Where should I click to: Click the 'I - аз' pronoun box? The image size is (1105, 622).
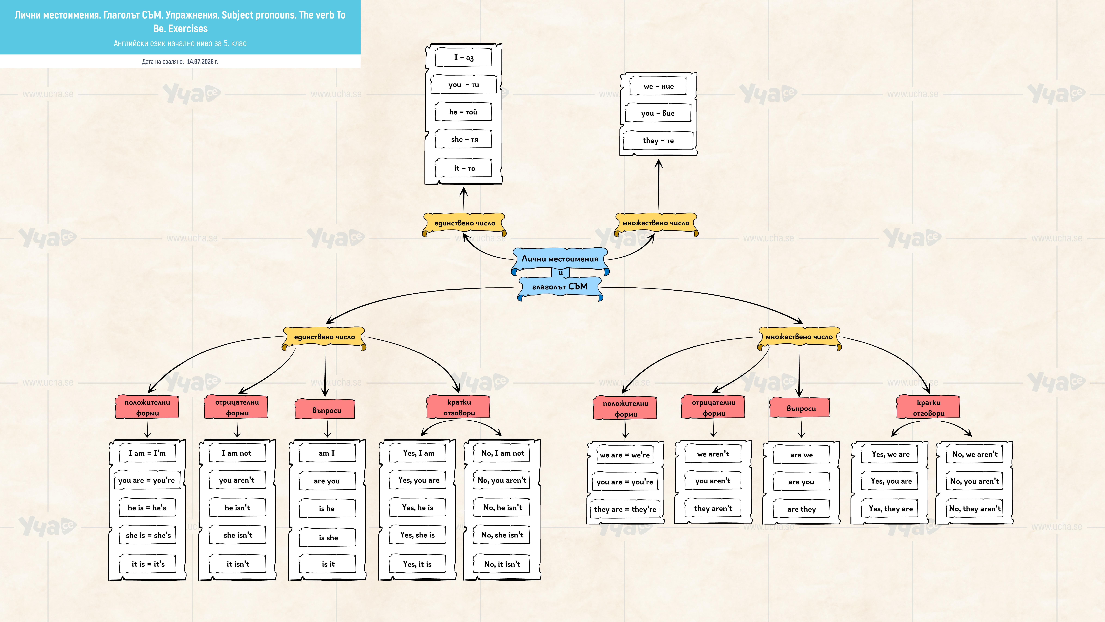coord(463,57)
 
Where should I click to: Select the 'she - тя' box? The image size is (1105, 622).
coord(463,139)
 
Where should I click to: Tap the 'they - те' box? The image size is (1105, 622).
coord(658,140)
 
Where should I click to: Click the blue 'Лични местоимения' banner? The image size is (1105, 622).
coord(560,259)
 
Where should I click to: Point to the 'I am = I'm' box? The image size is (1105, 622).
coord(147,453)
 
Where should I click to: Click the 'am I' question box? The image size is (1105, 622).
coord(327,453)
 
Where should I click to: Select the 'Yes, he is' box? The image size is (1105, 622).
coord(417,507)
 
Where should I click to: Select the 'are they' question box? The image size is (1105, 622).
coord(801,509)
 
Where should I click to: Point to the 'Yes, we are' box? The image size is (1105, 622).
coord(890,454)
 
